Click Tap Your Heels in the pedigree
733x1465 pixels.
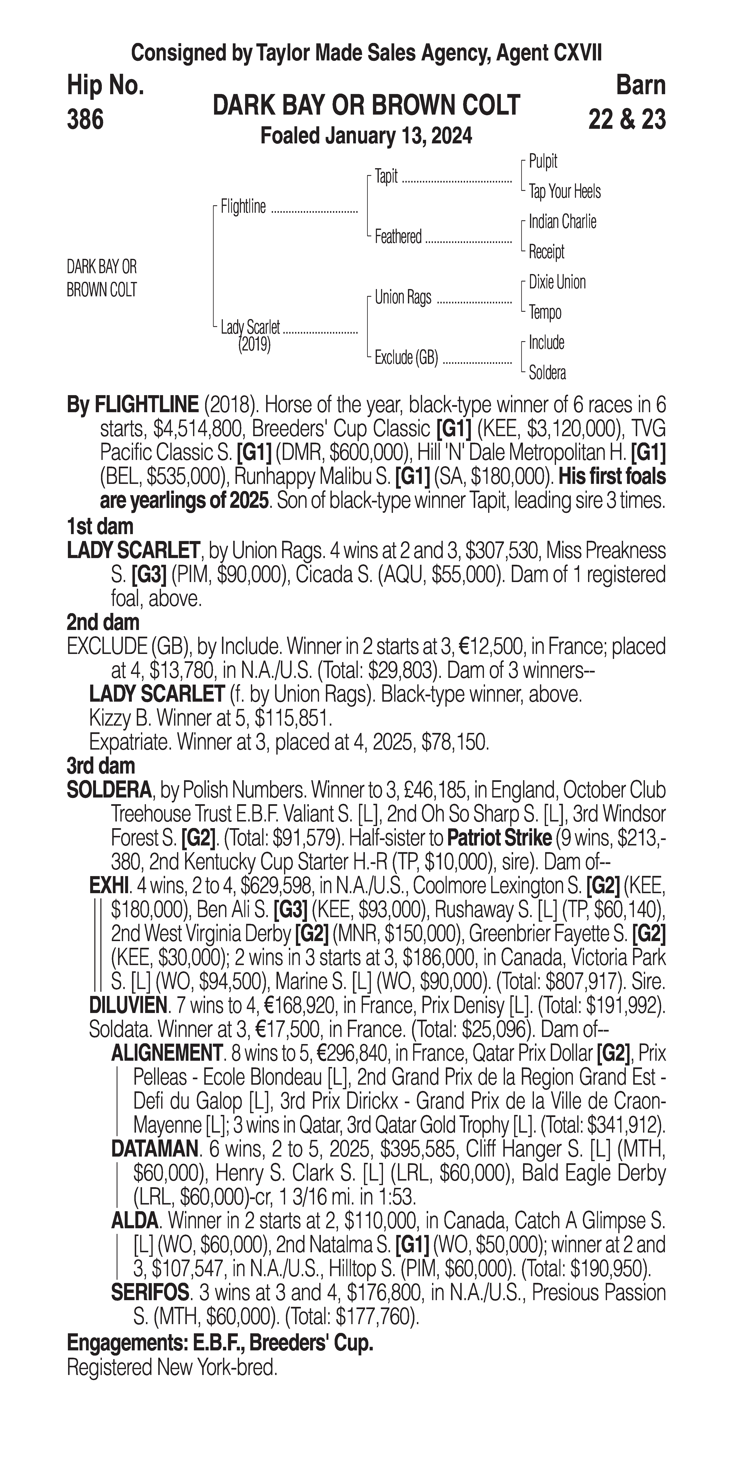(564, 192)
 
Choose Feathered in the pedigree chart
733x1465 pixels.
(398, 237)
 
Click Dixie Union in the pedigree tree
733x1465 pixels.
(557, 282)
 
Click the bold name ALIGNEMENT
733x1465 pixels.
(167, 1053)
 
